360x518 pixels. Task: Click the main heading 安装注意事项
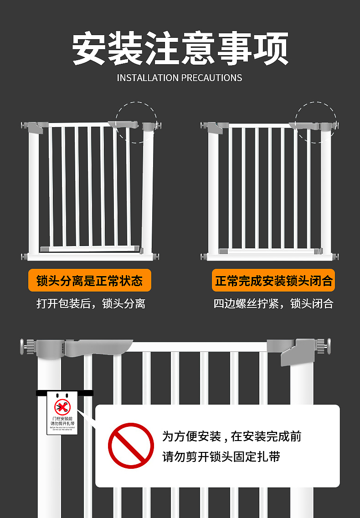coord(180,49)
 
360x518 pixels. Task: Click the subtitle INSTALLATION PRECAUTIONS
coord(180,78)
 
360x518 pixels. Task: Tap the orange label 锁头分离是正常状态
coord(90,281)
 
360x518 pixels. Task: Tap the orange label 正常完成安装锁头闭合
coord(273,281)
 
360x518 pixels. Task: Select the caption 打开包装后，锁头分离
coord(91,303)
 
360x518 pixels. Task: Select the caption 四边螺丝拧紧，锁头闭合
coord(273,303)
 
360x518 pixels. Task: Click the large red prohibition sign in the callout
coord(131,445)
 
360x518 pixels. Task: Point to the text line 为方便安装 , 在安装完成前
coord(231,436)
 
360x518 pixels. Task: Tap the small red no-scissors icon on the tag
coord(62,406)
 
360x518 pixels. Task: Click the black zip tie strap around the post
coord(64,393)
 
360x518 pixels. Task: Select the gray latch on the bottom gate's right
coord(297,351)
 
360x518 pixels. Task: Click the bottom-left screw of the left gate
coord(24,257)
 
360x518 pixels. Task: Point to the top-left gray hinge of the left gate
coord(35,126)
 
